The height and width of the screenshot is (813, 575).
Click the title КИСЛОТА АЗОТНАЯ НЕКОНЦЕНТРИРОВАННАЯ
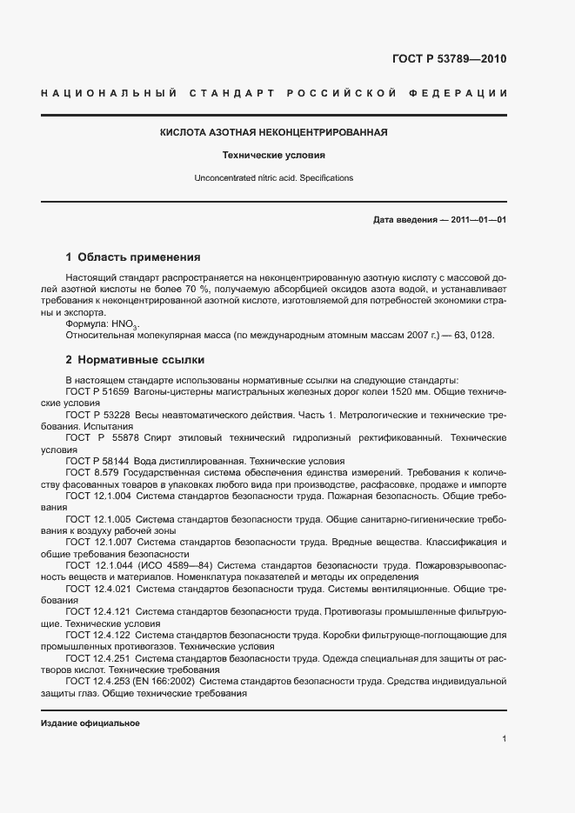click(273, 133)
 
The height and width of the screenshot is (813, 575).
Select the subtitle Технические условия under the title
click(273, 156)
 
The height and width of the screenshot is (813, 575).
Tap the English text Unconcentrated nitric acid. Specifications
click(273, 177)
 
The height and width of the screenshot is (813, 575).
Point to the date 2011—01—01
click(478, 220)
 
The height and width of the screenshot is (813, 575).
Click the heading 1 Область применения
click(133, 257)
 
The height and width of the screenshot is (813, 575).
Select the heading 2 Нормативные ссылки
click(135, 359)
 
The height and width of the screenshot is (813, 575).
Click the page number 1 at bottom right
click(505, 739)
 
